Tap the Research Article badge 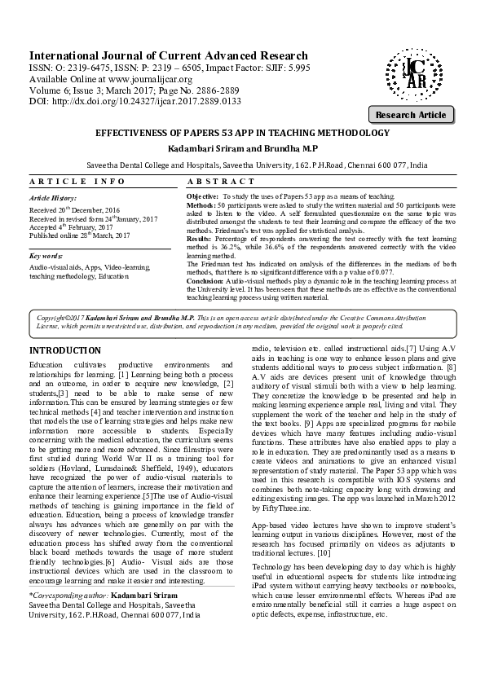(x=409, y=115)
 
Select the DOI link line (x=124, y=101)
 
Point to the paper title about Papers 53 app (x=243, y=132)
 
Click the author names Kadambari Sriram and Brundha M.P (x=243, y=149)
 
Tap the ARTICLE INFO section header (x=77, y=181)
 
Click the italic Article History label (x=51, y=198)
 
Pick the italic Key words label (x=46, y=255)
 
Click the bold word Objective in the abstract (x=202, y=197)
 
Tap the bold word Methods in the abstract (x=201, y=204)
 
